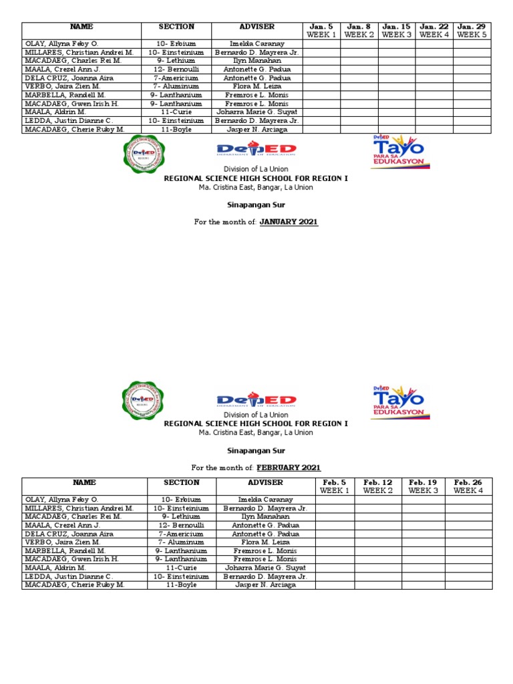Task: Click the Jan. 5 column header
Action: click(x=321, y=31)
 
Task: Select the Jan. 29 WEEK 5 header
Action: click(x=472, y=31)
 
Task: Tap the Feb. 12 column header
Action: click(x=377, y=486)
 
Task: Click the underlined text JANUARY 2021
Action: click(x=289, y=222)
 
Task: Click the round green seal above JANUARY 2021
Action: click(x=143, y=154)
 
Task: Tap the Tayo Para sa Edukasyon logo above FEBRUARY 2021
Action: click(x=399, y=400)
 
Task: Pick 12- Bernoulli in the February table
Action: click(x=181, y=525)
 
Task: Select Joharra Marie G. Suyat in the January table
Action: click(x=256, y=112)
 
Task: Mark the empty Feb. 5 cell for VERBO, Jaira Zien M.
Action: click(x=334, y=542)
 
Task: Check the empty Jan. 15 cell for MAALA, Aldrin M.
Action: click(x=396, y=112)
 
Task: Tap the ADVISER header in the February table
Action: click(x=265, y=482)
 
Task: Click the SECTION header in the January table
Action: click(x=176, y=27)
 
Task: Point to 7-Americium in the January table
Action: click(x=176, y=78)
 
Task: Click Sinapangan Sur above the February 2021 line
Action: click(x=256, y=451)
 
